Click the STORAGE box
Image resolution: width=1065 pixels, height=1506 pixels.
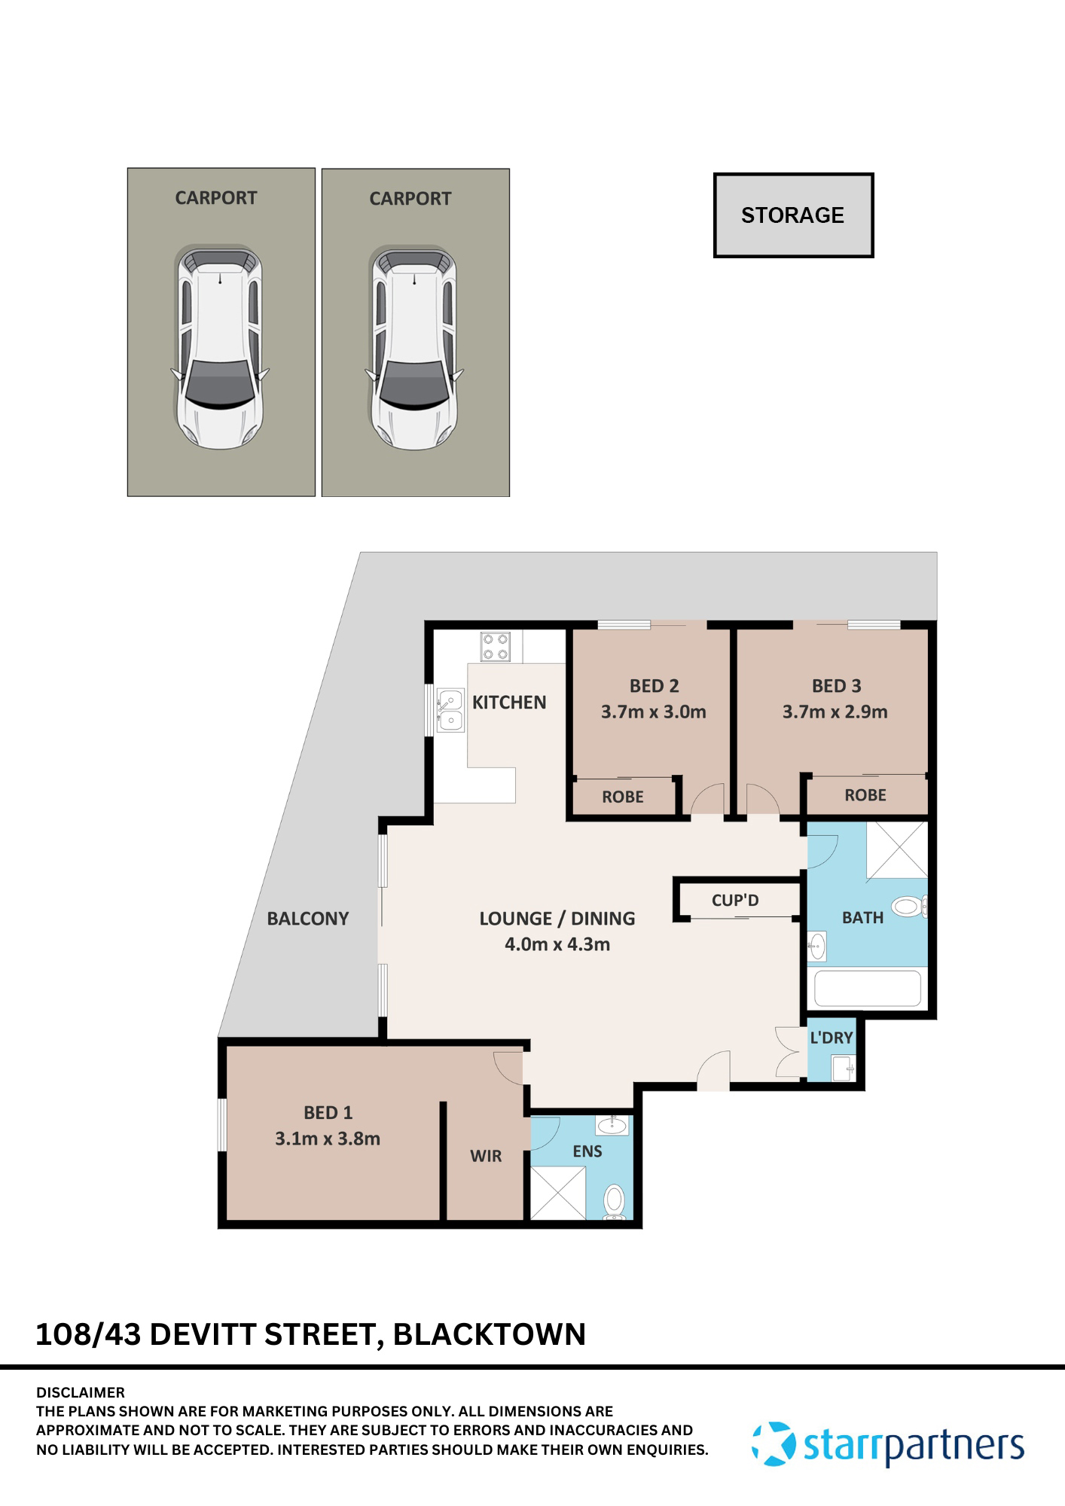[x=793, y=215]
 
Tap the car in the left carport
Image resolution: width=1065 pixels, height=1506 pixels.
[x=220, y=347]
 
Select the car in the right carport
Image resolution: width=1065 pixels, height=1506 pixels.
[x=414, y=347]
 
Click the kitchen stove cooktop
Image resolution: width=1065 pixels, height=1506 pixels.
[x=496, y=647]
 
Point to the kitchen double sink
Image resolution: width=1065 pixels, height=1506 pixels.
[x=450, y=710]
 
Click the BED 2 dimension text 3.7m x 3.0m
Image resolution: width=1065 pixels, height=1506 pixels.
[x=653, y=712]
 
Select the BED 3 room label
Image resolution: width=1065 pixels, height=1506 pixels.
[x=836, y=686]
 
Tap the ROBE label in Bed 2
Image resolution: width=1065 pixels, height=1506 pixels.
[x=622, y=797]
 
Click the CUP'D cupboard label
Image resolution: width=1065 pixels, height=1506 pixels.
[x=735, y=900]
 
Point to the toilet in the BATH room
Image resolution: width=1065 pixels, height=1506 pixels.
[x=909, y=906]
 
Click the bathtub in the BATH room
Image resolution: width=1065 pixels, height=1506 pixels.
[x=867, y=989]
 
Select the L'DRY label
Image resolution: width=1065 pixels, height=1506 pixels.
[x=831, y=1038]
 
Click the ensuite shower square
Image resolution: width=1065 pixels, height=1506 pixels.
[x=558, y=1193]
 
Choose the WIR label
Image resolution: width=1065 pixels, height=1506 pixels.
[x=486, y=1156]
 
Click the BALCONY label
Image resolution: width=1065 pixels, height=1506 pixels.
[x=308, y=919]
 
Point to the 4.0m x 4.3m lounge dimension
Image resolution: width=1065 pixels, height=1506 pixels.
[x=557, y=944]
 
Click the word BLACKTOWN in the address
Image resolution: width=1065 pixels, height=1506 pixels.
[x=489, y=1334]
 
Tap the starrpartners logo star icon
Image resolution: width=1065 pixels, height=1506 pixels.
[x=774, y=1444]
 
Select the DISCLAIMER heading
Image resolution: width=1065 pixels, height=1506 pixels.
[x=81, y=1392]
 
